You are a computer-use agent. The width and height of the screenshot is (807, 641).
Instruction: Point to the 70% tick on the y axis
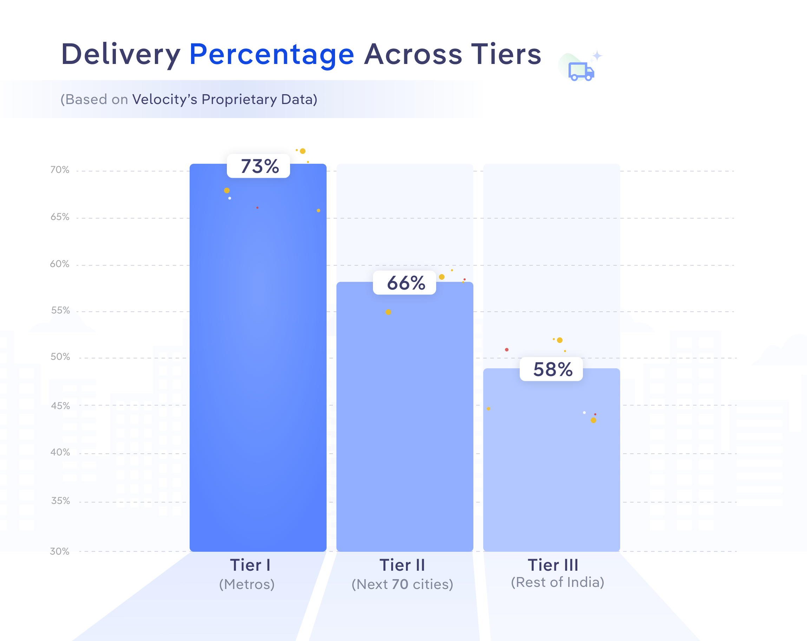(x=60, y=170)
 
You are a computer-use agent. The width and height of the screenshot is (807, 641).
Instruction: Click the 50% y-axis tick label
(x=60, y=357)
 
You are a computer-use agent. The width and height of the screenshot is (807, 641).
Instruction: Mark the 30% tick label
(x=60, y=551)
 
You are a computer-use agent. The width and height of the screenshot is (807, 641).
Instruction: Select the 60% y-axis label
(x=60, y=264)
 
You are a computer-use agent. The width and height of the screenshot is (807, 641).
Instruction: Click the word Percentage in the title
(x=272, y=55)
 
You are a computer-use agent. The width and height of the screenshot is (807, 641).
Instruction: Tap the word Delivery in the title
(x=121, y=55)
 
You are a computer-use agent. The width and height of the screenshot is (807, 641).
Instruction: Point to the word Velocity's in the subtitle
(x=165, y=99)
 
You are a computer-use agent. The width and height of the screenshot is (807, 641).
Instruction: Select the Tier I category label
(x=250, y=565)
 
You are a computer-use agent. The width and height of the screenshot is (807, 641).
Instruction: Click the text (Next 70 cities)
(x=402, y=584)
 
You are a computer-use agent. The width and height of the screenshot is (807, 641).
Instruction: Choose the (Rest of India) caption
(x=557, y=582)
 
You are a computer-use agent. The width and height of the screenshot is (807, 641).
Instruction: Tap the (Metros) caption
(x=247, y=584)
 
